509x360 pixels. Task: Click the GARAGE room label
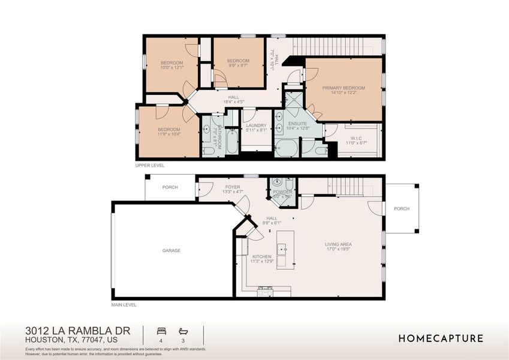pyautogui.click(x=171, y=250)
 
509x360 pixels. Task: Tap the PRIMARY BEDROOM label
pyautogui.click(x=344, y=86)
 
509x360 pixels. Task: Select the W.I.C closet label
pyautogui.click(x=358, y=138)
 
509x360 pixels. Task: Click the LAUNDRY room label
pyautogui.click(x=256, y=125)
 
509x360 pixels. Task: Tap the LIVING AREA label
pyautogui.click(x=338, y=244)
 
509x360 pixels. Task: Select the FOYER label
pyautogui.click(x=232, y=187)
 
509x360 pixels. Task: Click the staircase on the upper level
pyautogui.click(x=336, y=46)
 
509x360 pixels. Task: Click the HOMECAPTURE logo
pyautogui.click(x=441, y=338)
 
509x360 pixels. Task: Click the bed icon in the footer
pyautogui.click(x=160, y=331)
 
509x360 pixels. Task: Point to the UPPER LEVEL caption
pyautogui.click(x=150, y=165)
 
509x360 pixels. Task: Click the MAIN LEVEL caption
pyautogui.click(x=124, y=305)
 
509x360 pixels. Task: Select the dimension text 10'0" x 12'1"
pyautogui.click(x=171, y=68)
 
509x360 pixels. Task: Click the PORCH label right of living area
pyautogui.click(x=401, y=209)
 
